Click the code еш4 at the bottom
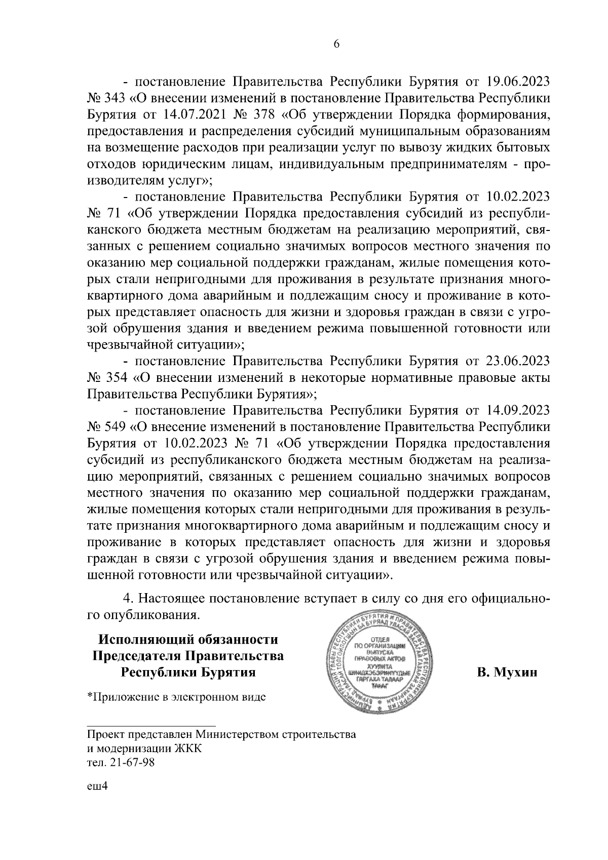[x=98, y=800]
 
